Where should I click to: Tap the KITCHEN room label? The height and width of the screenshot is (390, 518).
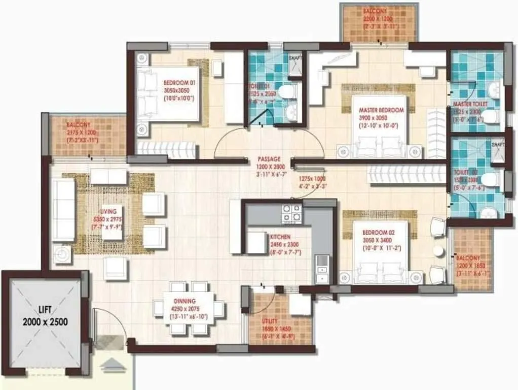pyautogui.click(x=280, y=237)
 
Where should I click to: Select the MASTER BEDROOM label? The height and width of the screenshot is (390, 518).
pyautogui.click(x=381, y=110)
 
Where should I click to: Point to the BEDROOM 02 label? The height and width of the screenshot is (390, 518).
pyautogui.click(x=378, y=232)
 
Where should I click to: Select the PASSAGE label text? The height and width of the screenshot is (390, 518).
pyautogui.click(x=268, y=159)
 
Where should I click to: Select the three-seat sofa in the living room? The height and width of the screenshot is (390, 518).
pyautogui.click(x=63, y=210)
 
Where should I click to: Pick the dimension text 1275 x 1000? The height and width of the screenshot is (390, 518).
pyautogui.click(x=311, y=179)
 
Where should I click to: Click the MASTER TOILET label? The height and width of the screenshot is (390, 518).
pyautogui.click(x=469, y=104)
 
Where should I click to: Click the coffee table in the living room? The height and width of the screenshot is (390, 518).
pyautogui.click(x=108, y=176)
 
